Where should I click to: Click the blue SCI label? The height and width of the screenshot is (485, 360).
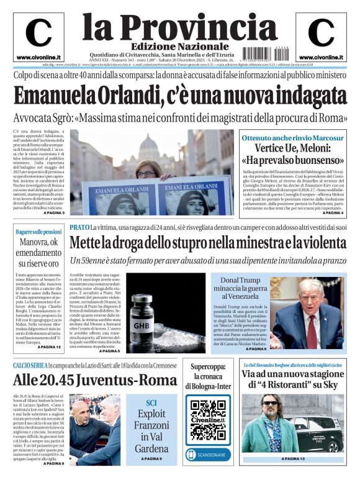[x=151, y=402]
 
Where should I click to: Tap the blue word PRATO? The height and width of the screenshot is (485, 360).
[x=79, y=228]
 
